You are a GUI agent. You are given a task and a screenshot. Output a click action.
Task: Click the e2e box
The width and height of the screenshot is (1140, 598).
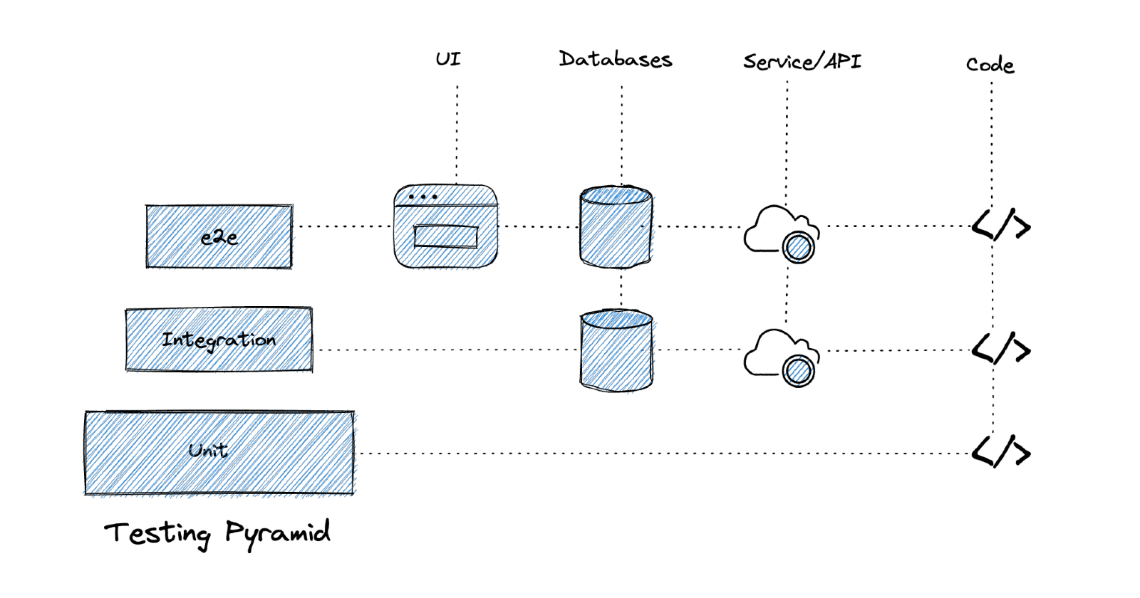[x=219, y=236]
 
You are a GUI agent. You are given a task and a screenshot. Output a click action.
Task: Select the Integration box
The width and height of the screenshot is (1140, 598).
[x=219, y=340]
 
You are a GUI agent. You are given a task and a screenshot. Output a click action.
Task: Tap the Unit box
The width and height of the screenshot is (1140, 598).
[x=219, y=452]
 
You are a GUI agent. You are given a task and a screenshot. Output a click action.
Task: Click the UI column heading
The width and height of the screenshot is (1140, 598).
[x=448, y=59]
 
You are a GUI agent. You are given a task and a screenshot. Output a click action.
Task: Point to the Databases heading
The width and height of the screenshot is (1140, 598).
[x=615, y=59]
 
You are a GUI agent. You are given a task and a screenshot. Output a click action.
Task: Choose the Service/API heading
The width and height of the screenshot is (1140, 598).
[x=802, y=62]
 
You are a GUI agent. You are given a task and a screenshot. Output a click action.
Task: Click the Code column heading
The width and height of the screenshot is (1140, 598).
[x=990, y=65]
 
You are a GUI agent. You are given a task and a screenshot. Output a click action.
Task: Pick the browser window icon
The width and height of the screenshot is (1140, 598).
[x=445, y=226]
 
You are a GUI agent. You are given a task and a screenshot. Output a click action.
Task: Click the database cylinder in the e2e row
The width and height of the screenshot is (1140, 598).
[x=616, y=227]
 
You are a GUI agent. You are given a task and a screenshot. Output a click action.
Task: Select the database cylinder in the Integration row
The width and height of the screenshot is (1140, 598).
[x=616, y=350]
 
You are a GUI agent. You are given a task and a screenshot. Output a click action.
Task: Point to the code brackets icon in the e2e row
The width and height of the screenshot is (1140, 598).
[x=1001, y=226]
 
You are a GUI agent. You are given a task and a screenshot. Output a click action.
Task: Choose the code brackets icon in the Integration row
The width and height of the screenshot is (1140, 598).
[x=1001, y=349]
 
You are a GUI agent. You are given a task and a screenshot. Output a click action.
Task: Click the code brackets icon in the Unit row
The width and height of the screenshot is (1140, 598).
[x=1001, y=452]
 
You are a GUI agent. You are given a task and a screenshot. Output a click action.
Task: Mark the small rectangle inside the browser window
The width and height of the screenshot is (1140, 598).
[x=446, y=236]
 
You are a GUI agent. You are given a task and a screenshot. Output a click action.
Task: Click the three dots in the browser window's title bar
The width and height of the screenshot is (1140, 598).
[x=423, y=196]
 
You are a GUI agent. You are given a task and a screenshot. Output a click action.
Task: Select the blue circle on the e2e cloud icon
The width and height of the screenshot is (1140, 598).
[x=798, y=248]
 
